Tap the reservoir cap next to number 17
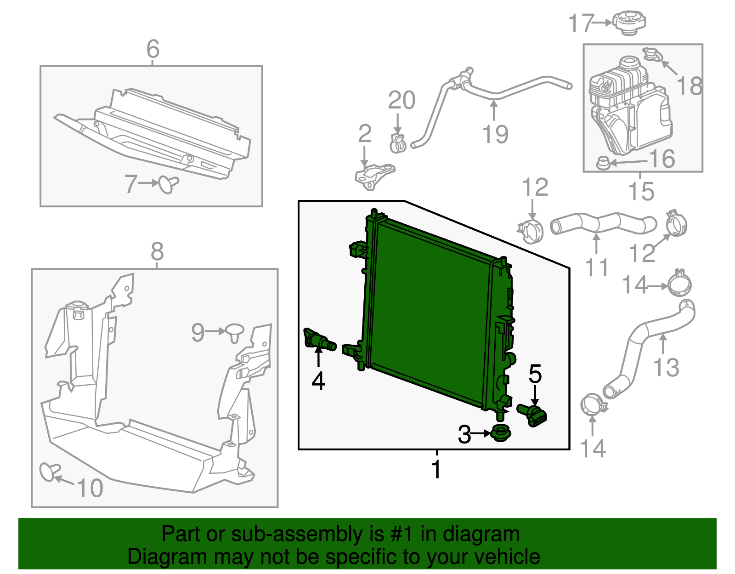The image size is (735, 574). [629, 22]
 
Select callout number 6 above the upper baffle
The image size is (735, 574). [153, 49]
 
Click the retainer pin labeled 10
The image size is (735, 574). [49, 472]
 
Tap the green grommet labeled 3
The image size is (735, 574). [501, 433]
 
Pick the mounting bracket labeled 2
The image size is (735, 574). [373, 176]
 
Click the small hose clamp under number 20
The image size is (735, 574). [398, 144]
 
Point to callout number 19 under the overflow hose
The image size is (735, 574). [495, 134]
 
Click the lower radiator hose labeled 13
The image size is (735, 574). [643, 349]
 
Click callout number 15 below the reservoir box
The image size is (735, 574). [641, 191]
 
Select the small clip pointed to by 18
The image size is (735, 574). [651, 55]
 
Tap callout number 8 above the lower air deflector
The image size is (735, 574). [157, 252]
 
